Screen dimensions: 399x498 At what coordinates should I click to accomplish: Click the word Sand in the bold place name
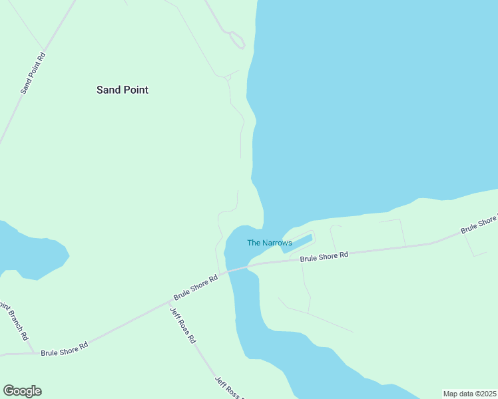[109, 90]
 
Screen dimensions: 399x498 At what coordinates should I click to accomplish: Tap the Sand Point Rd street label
[33, 72]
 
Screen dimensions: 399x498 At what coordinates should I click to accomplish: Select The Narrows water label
[269, 243]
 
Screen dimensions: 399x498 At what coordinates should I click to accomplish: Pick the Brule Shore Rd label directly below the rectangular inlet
[324, 256]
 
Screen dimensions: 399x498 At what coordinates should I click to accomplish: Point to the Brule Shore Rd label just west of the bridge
[196, 287]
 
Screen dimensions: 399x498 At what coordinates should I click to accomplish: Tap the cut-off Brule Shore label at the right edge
[479, 224]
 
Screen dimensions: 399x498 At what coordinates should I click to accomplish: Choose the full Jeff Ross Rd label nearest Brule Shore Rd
[183, 325]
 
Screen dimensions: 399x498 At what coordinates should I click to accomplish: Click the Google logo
[22, 391]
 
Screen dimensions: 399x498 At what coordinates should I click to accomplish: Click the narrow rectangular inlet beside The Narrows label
[298, 242]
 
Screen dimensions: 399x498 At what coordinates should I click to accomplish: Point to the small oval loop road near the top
[237, 40]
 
